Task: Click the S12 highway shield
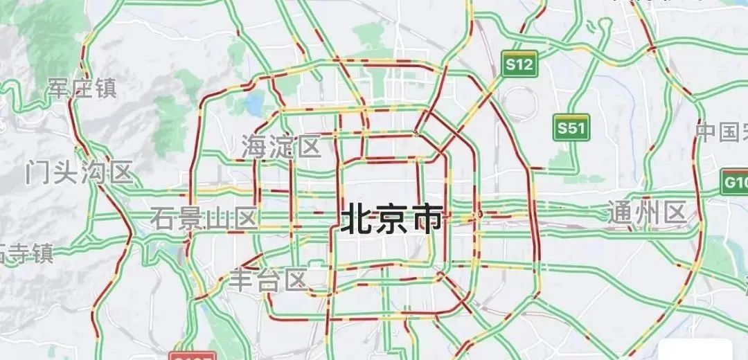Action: [519, 65]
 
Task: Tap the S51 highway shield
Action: [572, 128]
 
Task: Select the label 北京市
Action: [391, 219]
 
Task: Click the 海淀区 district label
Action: [281, 146]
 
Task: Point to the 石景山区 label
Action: [204, 219]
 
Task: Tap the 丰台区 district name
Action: [269, 280]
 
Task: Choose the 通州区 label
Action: [647, 212]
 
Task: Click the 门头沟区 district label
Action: [78, 172]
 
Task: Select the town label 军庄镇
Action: [82, 88]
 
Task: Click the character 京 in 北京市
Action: [391, 219]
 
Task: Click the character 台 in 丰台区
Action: [269, 280]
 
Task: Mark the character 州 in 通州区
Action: [647, 212]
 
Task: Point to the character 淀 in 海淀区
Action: [281, 146]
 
